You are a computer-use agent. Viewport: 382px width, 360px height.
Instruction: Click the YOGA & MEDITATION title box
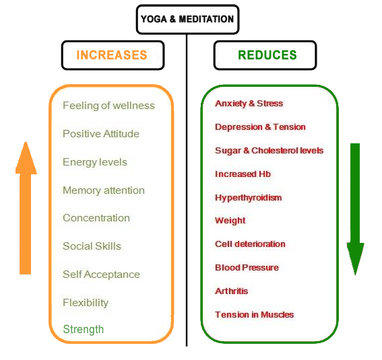[187, 20]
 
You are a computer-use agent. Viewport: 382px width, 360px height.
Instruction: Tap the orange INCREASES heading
[112, 55]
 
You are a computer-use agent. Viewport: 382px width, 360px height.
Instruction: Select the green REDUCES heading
[267, 55]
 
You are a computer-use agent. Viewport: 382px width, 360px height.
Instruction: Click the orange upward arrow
[26, 208]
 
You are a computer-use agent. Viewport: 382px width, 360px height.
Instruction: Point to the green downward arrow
[355, 209]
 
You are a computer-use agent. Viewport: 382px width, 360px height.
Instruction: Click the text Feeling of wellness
[108, 106]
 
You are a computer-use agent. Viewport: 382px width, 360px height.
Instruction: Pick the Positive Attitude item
[101, 134]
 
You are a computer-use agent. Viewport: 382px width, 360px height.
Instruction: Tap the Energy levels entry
[95, 162]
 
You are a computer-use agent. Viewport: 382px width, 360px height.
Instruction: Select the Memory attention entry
[104, 190]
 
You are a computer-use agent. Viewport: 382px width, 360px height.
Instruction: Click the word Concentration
[96, 218]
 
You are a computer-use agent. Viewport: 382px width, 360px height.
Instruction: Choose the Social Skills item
[92, 246]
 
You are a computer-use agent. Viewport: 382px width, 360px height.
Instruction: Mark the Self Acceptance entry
[101, 275]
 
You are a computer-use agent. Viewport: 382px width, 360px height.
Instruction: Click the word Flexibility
[86, 303]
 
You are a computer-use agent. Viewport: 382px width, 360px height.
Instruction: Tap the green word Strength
[84, 330]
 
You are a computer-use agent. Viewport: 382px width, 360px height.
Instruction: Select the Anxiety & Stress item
[249, 104]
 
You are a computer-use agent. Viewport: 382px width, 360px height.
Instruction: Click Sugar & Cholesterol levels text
[269, 151]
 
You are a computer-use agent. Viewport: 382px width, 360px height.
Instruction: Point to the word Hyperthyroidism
[248, 198]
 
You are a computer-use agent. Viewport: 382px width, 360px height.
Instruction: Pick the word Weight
[230, 221]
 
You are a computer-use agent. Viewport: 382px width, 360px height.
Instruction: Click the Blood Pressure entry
[247, 268]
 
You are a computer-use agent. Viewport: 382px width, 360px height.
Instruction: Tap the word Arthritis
[232, 291]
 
